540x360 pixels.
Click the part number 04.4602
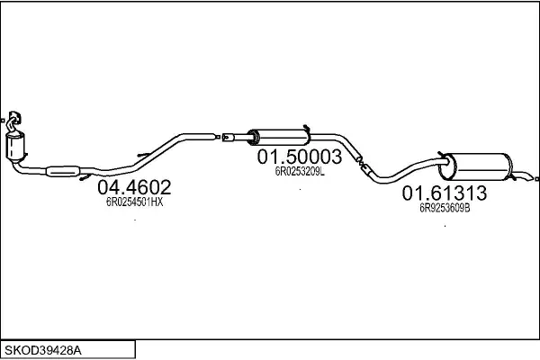click(134, 187)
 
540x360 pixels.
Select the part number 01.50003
click(300, 157)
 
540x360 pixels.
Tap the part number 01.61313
click(445, 193)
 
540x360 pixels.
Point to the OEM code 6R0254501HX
click(134, 202)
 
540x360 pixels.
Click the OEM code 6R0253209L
click(300, 172)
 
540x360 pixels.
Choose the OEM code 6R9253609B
click(445, 208)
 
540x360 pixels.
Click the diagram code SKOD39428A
click(42, 351)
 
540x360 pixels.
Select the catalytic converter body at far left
click(15, 147)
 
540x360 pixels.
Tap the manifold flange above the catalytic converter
click(14, 119)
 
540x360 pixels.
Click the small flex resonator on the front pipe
click(63, 171)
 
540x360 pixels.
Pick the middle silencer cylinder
click(279, 138)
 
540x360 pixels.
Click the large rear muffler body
click(476, 166)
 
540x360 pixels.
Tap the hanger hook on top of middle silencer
click(307, 130)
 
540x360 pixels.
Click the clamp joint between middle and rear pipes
click(363, 165)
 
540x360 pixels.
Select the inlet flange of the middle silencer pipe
click(228, 138)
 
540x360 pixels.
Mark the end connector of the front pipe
click(218, 137)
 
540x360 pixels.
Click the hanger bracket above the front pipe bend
click(144, 155)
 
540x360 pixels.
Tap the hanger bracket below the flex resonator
click(85, 178)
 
